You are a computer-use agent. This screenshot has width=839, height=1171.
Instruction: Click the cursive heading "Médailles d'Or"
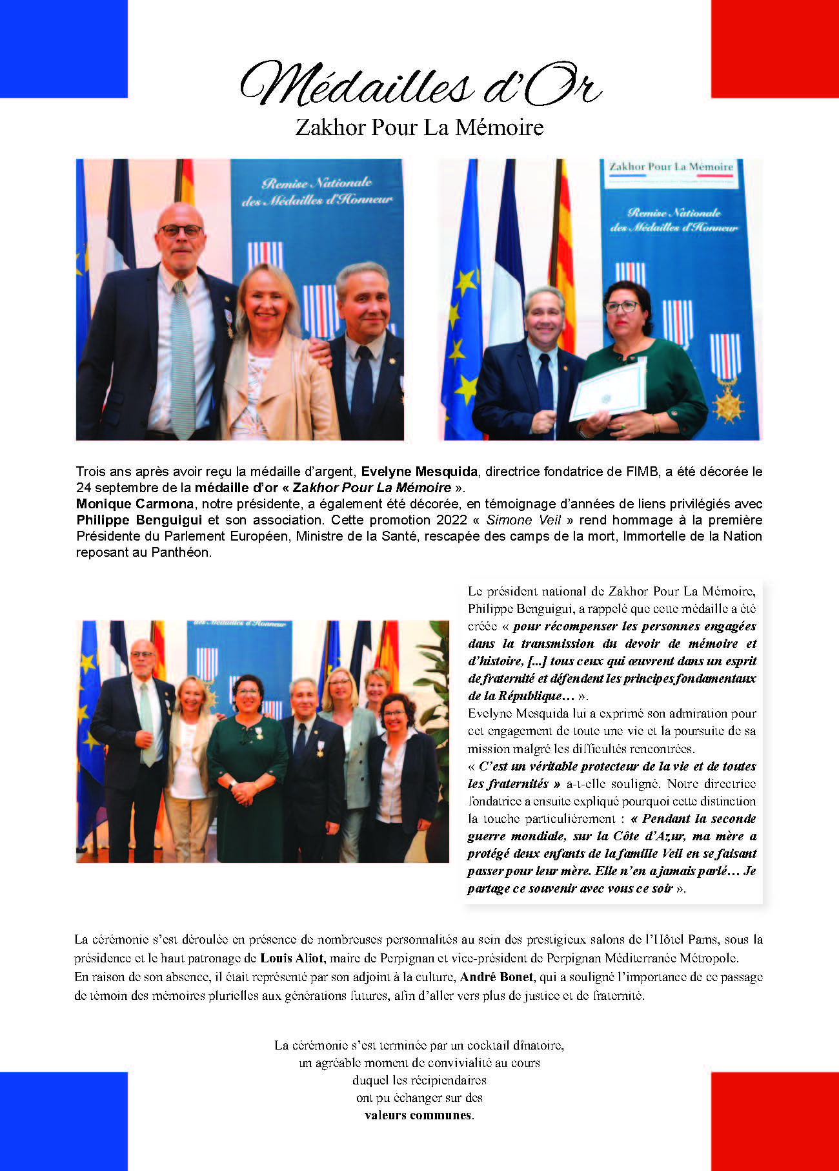point(420,85)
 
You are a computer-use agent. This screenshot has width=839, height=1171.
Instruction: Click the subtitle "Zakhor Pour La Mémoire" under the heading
point(419,127)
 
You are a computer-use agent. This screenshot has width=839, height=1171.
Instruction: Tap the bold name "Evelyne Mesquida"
point(419,472)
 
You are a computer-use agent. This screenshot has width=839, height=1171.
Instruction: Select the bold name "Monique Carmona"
point(134,504)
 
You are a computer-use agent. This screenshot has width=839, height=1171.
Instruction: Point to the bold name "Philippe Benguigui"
point(139,520)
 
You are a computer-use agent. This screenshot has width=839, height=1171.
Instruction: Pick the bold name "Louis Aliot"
point(292,958)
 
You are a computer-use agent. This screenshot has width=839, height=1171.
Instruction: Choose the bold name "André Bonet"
point(496,977)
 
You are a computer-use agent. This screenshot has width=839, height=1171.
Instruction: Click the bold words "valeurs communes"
point(418,1115)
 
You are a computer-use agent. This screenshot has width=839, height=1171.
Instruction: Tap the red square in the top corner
point(774,48)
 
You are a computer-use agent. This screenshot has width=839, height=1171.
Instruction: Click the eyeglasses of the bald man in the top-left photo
point(181,231)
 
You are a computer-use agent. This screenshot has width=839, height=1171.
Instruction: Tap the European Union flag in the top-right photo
point(462,323)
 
